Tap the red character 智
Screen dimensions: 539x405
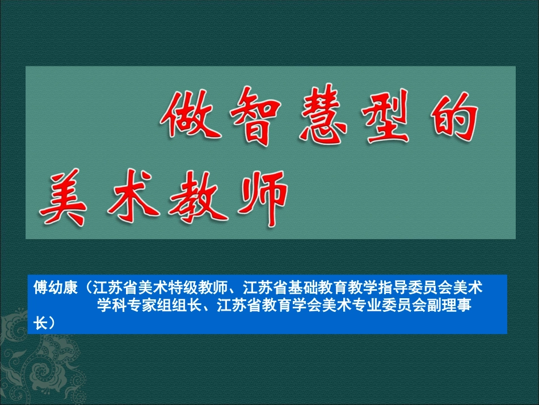click(x=256, y=115)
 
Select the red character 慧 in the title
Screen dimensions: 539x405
click(x=323, y=114)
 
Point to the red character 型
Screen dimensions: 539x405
click(x=386, y=115)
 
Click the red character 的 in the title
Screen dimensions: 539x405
click(x=454, y=116)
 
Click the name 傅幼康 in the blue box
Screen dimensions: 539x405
click(x=56, y=287)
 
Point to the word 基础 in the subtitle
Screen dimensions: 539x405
click(x=302, y=287)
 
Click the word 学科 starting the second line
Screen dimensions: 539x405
click(x=112, y=305)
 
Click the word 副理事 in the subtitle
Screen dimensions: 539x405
click(x=449, y=305)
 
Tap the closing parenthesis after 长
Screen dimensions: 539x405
click(x=52, y=323)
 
